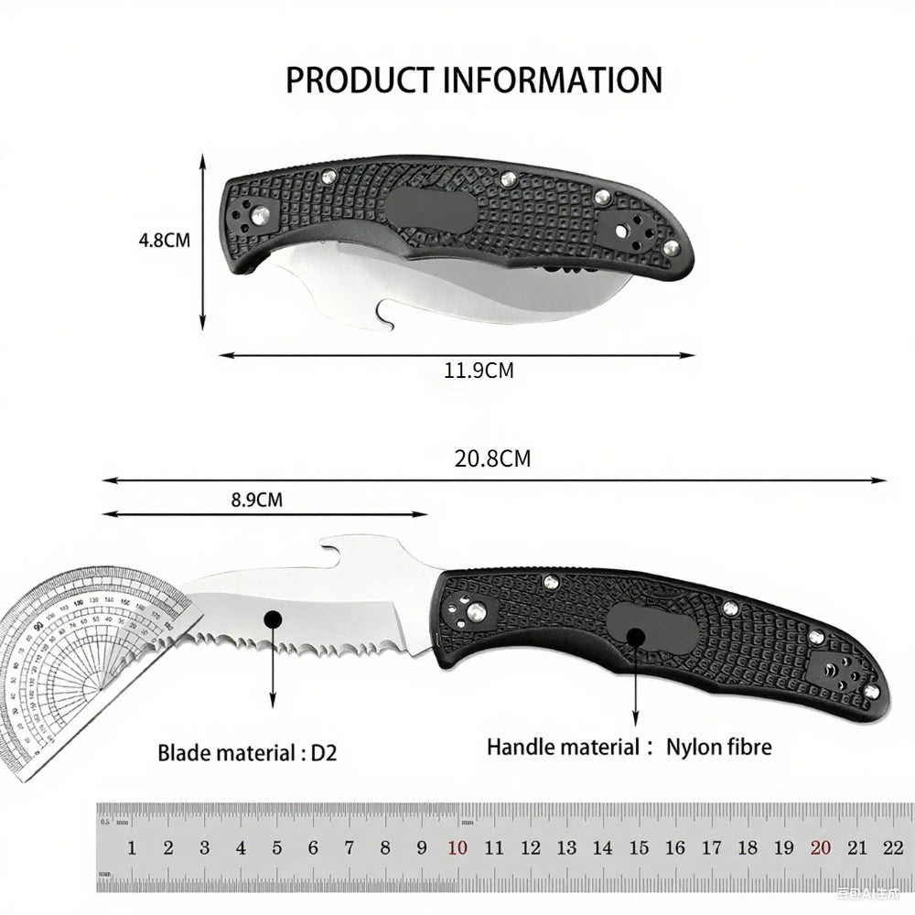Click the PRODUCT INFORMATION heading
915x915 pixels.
click(x=473, y=80)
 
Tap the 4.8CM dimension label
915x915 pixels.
click(x=164, y=242)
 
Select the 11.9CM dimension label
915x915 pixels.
click(x=479, y=371)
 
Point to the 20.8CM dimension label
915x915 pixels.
click(x=492, y=458)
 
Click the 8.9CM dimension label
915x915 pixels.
click(x=256, y=500)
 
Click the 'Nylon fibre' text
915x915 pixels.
click(x=718, y=747)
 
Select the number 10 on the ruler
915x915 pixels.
click(x=457, y=848)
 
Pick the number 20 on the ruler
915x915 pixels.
click(x=820, y=848)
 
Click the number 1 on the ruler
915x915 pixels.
click(x=132, y=848)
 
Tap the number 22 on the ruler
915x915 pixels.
click(x=893, y=848)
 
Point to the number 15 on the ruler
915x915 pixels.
click(x=639, y=848)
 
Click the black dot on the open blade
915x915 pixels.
click(x=272, y=619)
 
